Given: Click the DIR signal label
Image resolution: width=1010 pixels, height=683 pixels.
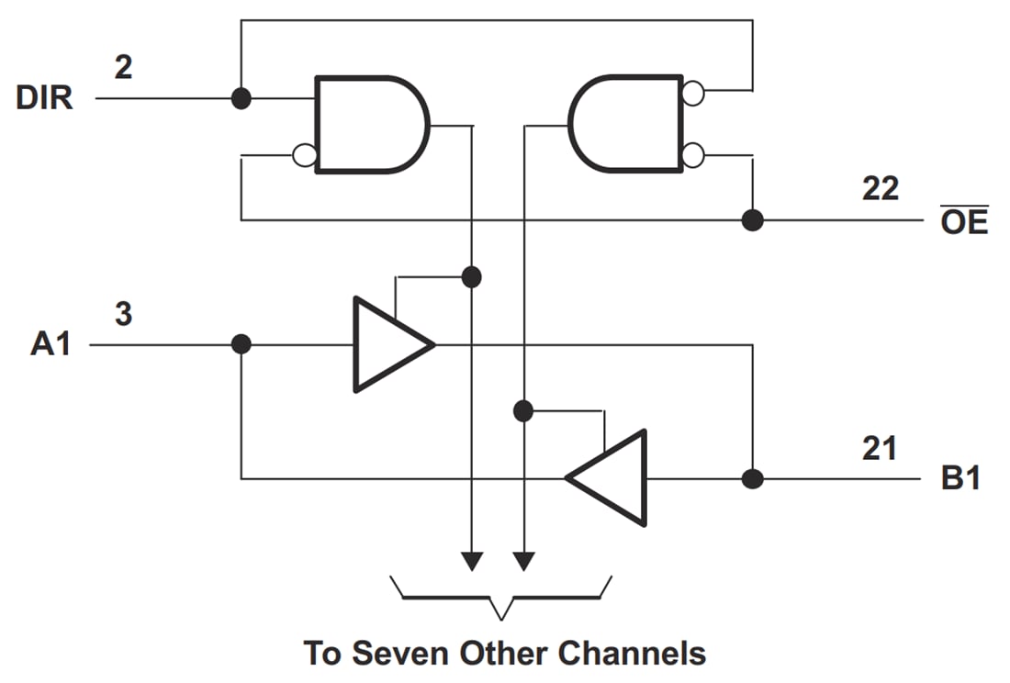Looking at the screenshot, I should click(44, 98).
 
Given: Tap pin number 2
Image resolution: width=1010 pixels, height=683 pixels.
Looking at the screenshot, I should click(124, 67).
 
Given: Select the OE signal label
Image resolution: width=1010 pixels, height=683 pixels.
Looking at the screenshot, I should click(964, 221).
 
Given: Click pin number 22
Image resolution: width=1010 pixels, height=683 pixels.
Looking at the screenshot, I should click(880, 189).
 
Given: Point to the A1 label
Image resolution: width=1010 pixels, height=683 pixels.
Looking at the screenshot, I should click(50, 345).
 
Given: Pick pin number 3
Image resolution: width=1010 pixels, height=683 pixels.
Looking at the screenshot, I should click(123, 314).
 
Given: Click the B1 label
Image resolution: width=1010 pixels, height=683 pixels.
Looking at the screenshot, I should click(960, 478).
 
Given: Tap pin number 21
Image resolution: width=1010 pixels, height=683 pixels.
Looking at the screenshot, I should click(880, 448).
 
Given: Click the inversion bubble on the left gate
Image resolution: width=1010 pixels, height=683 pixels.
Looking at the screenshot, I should click(304, 155).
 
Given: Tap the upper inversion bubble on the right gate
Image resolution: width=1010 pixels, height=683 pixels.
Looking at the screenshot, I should click(693, 92).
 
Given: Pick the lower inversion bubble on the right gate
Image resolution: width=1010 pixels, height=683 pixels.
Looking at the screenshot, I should click(693, 154).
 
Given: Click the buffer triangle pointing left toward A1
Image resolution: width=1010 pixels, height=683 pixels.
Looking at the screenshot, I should click(610, 478).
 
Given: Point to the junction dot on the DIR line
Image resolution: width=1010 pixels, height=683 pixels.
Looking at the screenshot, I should click(241, 98).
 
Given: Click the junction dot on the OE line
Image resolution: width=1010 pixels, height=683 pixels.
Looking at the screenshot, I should click(752, 220).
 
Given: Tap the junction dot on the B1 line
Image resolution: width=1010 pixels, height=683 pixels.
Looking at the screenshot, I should click(752, 478).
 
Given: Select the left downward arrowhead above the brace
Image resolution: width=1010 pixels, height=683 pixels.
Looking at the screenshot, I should click(471, 560).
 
